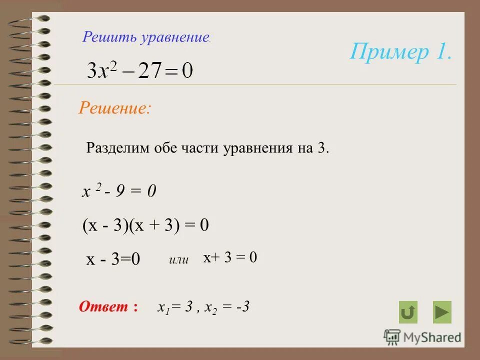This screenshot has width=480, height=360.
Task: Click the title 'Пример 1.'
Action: [401, 52]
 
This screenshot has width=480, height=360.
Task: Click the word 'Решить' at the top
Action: [104, 36]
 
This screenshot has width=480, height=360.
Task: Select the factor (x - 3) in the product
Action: [105, 225]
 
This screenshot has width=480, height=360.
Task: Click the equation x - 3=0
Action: [113, 259]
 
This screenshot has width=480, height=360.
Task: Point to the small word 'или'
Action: [178, 259]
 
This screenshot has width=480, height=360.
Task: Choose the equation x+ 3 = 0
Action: [230, 257]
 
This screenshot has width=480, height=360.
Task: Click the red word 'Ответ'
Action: [104, 306]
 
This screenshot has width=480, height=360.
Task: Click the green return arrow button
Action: [408, 312]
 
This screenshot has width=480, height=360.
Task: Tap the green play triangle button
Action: [442, 312]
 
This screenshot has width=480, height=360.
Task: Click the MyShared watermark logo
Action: [422, 337]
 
